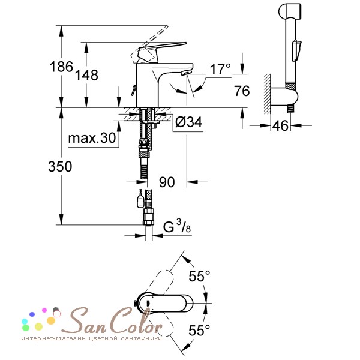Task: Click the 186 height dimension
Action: tap(61, 67)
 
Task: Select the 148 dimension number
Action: tap(87, 75)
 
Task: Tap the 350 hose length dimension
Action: tap(60, 166)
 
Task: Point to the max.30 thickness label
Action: tap(92, 138)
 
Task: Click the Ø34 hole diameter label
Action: tap(189, 122)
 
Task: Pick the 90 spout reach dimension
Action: tap(167, 182)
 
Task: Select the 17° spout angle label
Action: tap(220, 69)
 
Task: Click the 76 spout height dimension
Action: tap(242, 91)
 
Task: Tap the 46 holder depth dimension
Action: tap(280, 125)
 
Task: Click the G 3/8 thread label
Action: tap(177, 226)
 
